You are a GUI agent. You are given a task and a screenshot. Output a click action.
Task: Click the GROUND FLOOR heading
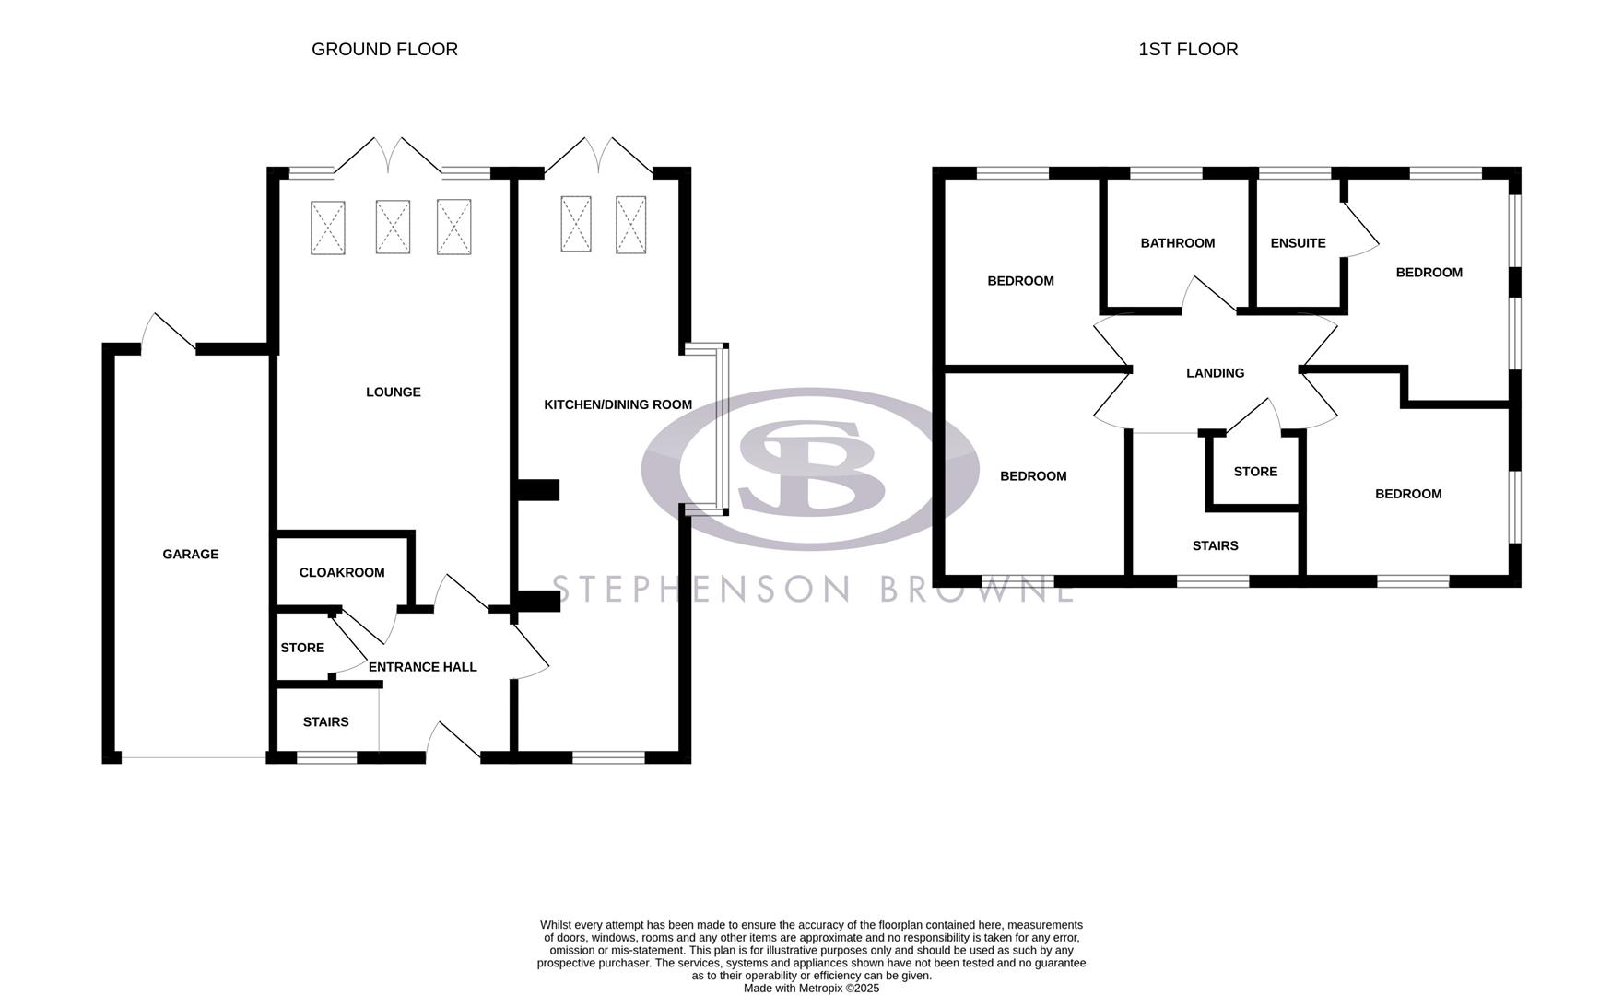384,50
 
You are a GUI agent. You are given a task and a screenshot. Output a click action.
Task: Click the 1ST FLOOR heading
1187,50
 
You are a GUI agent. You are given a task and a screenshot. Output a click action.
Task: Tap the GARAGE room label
190,555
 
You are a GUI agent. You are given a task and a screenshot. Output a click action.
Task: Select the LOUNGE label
393,392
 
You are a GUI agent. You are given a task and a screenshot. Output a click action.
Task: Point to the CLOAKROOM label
341,573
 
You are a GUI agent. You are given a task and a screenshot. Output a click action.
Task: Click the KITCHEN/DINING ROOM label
617,405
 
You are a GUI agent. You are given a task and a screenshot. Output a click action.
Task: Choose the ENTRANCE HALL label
422,667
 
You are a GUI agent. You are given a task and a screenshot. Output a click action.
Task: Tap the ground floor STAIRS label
325,722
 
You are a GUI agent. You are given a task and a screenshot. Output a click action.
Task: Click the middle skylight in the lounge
393,228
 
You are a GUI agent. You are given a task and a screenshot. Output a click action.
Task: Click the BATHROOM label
1177,243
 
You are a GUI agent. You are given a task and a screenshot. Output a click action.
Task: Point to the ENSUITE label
1298,243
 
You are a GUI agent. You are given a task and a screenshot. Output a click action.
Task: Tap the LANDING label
1215,373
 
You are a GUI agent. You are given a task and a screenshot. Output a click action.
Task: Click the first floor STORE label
1254,472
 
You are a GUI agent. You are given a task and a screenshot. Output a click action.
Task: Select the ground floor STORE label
302,649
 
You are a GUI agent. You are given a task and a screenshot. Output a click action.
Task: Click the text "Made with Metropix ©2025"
811,989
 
